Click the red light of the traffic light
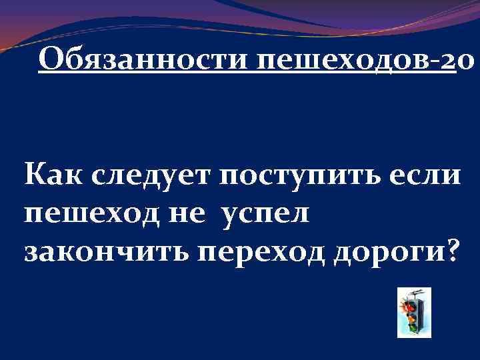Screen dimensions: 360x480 click(x=413, y=307)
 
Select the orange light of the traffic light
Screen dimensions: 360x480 click(x=413, y=316)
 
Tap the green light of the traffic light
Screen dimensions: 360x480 click(x=413, y=327)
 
